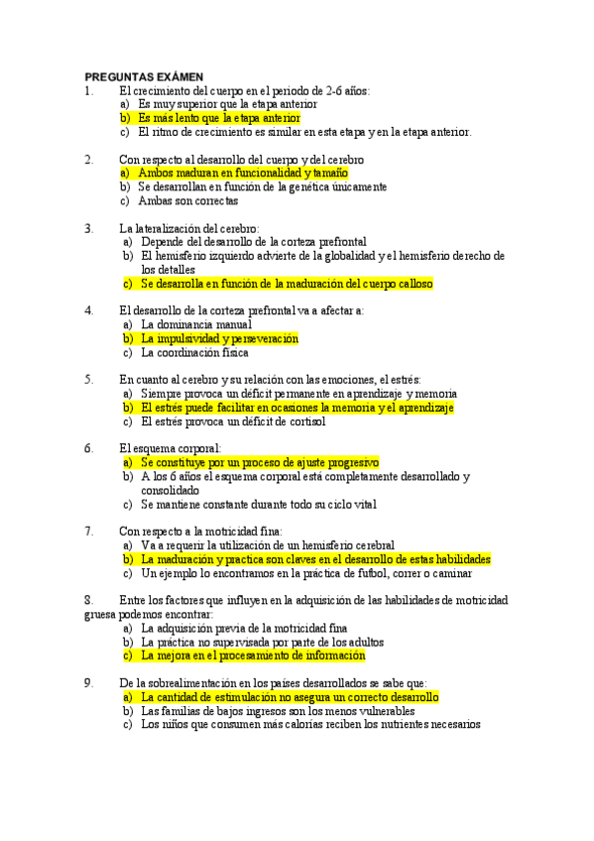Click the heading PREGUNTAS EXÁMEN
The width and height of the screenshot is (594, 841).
point(144,76)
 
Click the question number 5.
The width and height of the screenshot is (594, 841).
point(89,379)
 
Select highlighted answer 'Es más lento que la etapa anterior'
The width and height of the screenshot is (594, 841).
point(219,117)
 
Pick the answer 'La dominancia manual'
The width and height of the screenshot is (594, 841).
point(195,324)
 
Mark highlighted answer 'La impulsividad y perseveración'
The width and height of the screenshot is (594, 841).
point(219,338)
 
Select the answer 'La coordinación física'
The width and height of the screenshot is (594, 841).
point(194,352)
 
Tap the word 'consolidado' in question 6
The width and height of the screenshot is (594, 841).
point(170,489)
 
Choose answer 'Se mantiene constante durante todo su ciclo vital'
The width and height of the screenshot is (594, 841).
point(259,504)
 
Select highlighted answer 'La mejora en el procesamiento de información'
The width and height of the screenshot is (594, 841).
point(253,656)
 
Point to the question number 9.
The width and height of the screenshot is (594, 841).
point(89,682)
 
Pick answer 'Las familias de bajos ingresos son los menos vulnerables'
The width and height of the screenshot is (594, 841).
point(278,710)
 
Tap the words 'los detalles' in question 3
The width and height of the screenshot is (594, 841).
point(168,269)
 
